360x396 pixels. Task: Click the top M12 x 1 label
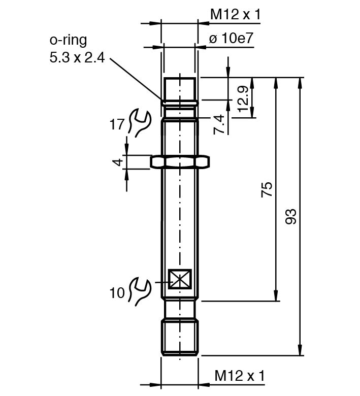pos(235,15)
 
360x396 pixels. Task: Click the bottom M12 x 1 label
pos(240,376)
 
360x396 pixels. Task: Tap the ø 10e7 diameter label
pos(231,39)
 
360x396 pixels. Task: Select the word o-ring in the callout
pos(68,40)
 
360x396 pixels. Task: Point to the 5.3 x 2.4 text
pos(77,58)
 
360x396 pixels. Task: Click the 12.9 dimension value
pos(243,98)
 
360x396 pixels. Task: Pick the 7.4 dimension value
pos(219,125)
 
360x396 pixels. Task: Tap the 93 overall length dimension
pos(290,216)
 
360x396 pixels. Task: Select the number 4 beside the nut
pos(117,162)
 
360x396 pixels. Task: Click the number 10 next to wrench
pos(117,292)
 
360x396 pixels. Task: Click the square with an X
pos(180,279)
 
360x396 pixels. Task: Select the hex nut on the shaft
pos(180,161)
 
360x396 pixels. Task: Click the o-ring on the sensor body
pos(180,103)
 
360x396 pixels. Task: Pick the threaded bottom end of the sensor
pos(180,337)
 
